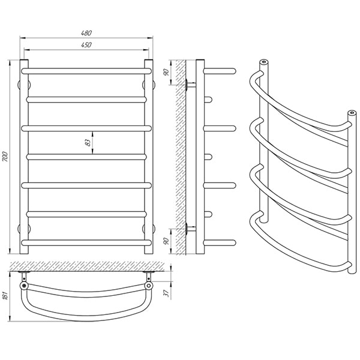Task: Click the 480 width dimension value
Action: pos(86,33)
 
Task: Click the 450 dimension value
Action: pos(86,44)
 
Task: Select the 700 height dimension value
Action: pos(5,157)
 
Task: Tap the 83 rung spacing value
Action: pos(88,143)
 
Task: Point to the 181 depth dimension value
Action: pos(6,295)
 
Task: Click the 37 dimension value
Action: pos(167,293)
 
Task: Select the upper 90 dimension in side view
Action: pos(167,72)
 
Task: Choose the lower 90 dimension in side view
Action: pos(167,241)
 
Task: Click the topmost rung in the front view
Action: pos(86,71)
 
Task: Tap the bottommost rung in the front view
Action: pos(86,243)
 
